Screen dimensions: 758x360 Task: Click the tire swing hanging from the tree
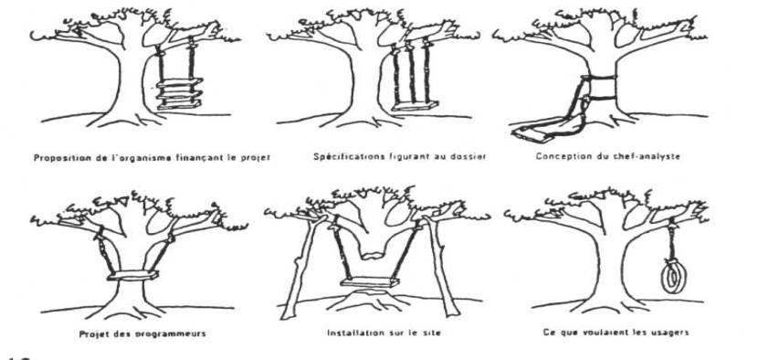click(671, 277)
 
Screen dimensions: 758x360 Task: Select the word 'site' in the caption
click(432, 333)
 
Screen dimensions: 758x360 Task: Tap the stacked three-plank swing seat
click(179, 93)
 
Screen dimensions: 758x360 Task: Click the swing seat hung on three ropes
click(415, 106)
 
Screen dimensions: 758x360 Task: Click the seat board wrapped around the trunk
click(133, 276)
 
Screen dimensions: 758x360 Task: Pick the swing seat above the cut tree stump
click(370, 281)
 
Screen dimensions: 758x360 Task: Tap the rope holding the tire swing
click(671, 240)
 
